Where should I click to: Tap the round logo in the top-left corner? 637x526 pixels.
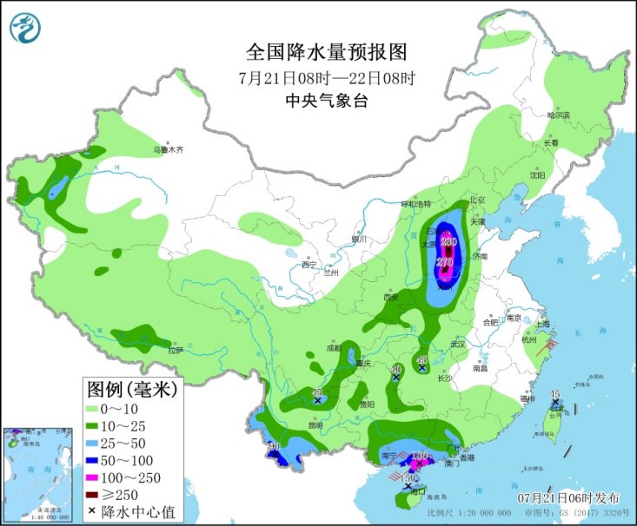tap(25, 30)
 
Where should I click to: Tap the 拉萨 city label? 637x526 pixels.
tap(176, 351)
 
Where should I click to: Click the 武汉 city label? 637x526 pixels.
tap(458, 345)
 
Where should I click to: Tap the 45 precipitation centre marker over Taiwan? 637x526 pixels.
tap(554, 395)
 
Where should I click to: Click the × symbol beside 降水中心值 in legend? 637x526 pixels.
tap(92, 511)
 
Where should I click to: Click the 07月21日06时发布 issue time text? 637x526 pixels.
tap(568, 497)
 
